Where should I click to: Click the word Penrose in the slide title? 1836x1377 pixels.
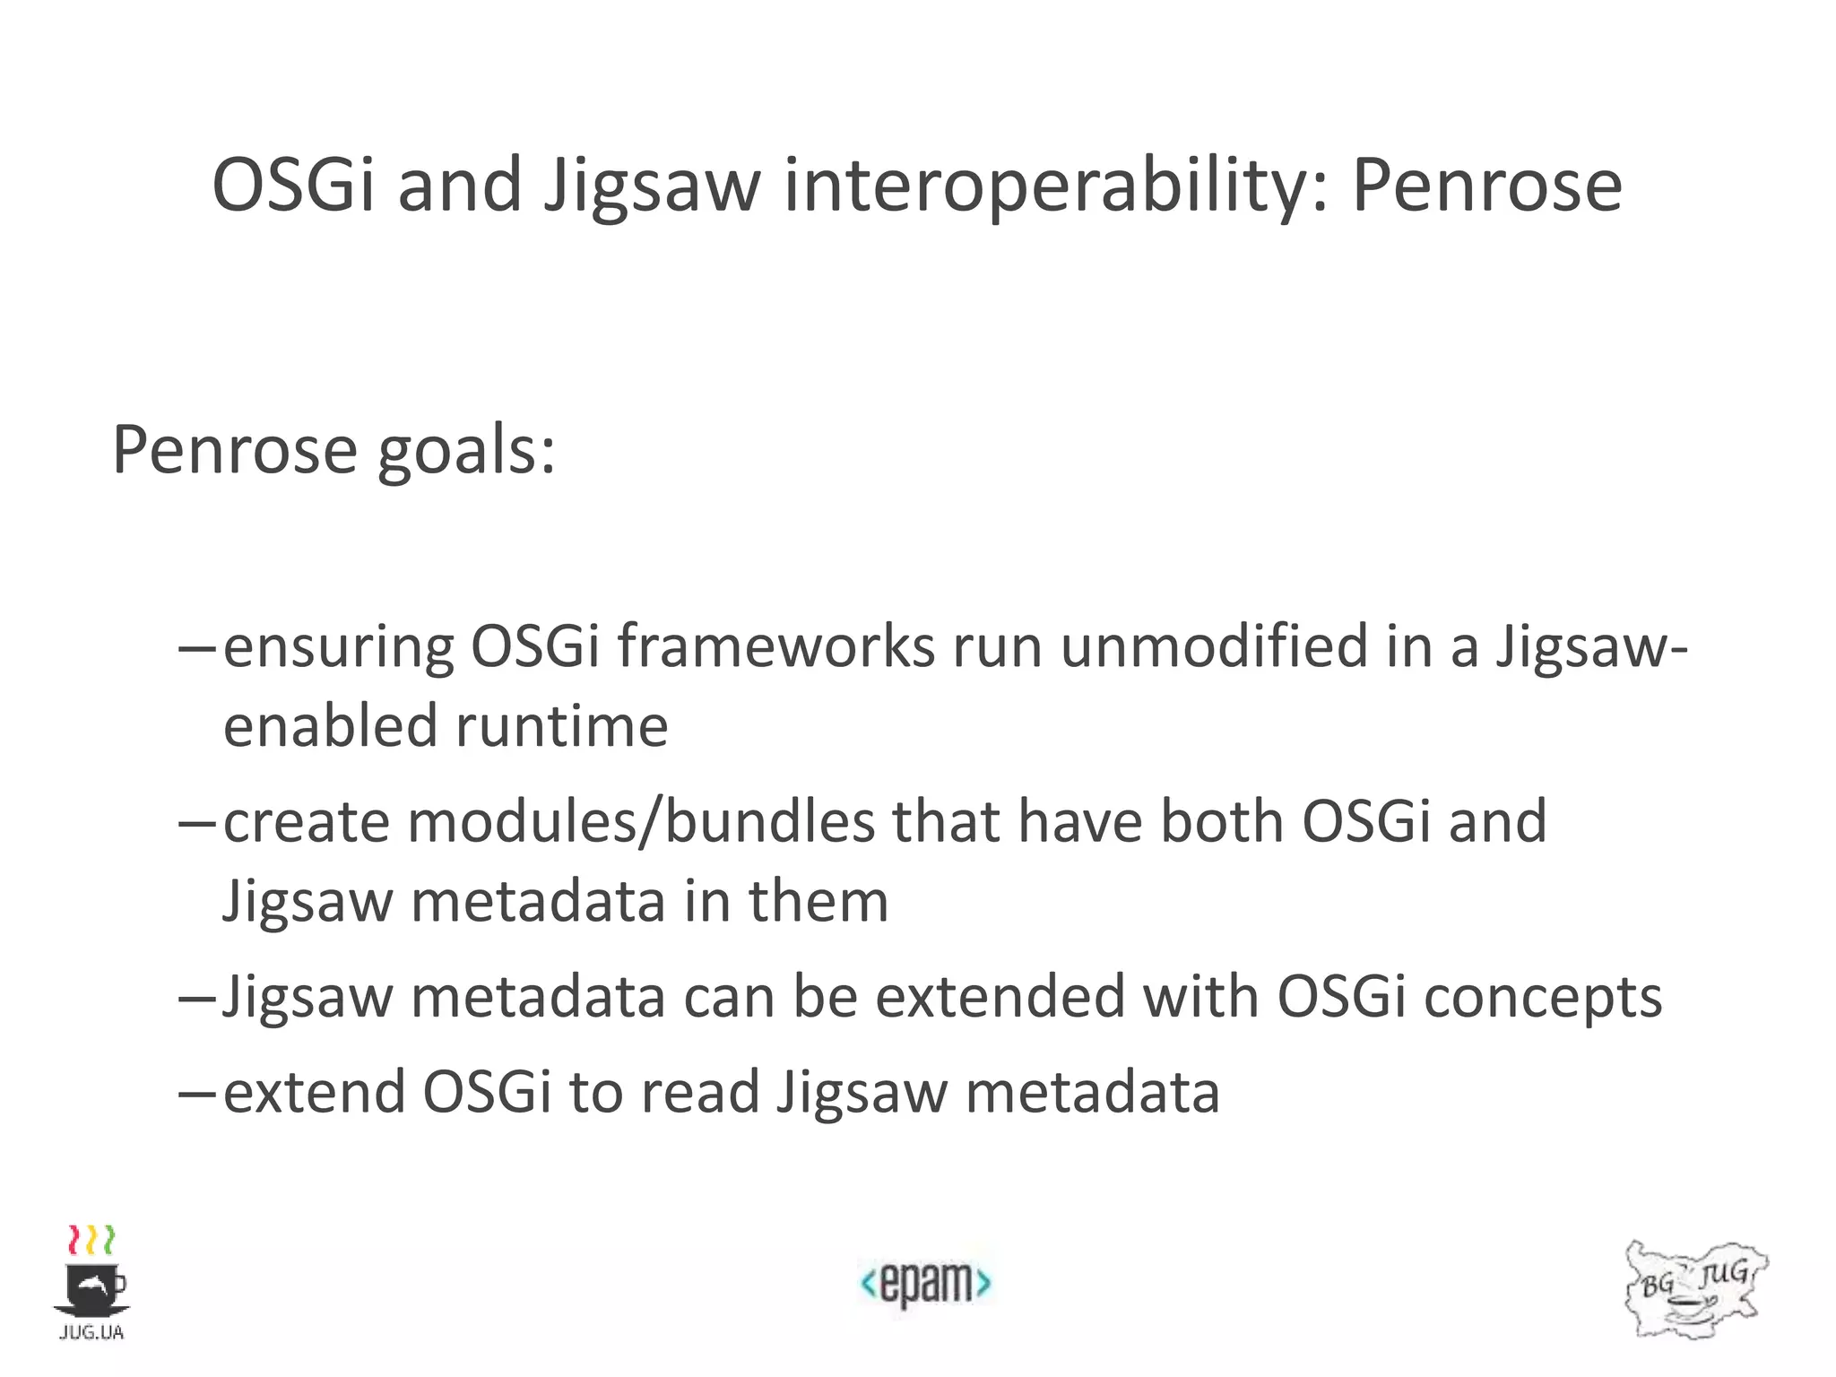(x=1486, y=186)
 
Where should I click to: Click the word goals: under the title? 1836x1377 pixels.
(x=466, y=450)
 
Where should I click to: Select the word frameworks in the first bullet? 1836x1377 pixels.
(x=775, y=645)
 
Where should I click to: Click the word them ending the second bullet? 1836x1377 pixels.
(x=818, y=900)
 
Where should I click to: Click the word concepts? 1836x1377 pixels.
(x=1543, y=998)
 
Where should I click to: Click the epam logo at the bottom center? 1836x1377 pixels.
(x=925, y=1283)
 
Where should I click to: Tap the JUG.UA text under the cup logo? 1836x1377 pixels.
(x=91, y=1333)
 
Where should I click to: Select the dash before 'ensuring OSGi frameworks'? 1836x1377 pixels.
(x=197, y=647)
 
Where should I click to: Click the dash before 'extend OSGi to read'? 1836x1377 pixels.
(x=197, y=1094)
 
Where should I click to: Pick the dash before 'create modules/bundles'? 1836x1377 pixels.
(x=197, y=823)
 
